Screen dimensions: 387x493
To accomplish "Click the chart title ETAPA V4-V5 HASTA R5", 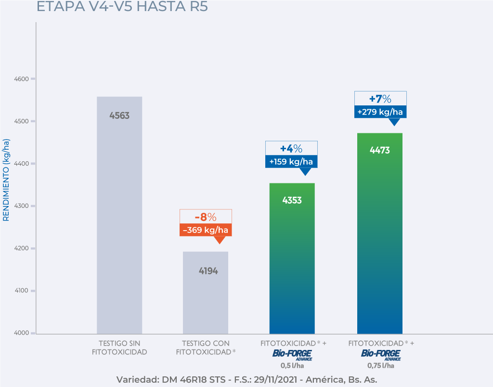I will pos(122,8).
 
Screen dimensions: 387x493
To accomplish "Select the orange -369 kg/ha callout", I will pos(206,230).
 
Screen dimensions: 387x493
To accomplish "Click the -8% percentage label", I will pos(206,217).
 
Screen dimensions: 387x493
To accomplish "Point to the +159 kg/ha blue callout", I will pos(291,162).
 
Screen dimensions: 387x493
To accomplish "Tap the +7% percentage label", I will pos(380,99).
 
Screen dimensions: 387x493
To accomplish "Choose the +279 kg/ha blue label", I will pos(380,112).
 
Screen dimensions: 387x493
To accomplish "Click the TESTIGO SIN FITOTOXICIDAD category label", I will pos(119,348).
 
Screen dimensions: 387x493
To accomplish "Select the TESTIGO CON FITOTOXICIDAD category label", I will pos(206,348).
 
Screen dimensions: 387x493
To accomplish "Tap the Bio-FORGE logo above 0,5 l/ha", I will pos(292,355).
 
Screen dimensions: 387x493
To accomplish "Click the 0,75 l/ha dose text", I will pos(381,365).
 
